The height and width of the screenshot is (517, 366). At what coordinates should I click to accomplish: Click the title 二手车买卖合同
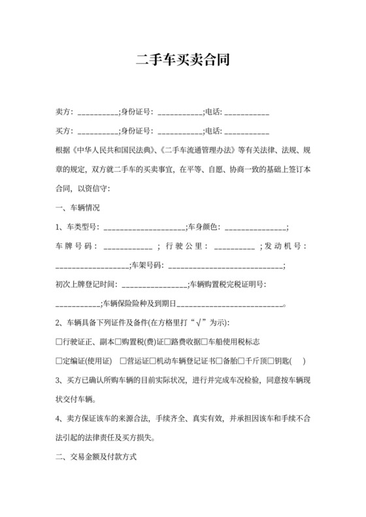pos(182,60)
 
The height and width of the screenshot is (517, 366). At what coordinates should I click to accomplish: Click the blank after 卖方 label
pos(98,114)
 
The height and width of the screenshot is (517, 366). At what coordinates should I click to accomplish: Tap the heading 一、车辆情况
pos(78,208)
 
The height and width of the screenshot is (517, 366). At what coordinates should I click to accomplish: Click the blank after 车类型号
pos(144,228)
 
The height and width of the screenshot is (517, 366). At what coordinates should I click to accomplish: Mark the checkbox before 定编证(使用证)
pos(59,361)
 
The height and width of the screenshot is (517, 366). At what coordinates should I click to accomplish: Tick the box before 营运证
pos(124,361)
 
